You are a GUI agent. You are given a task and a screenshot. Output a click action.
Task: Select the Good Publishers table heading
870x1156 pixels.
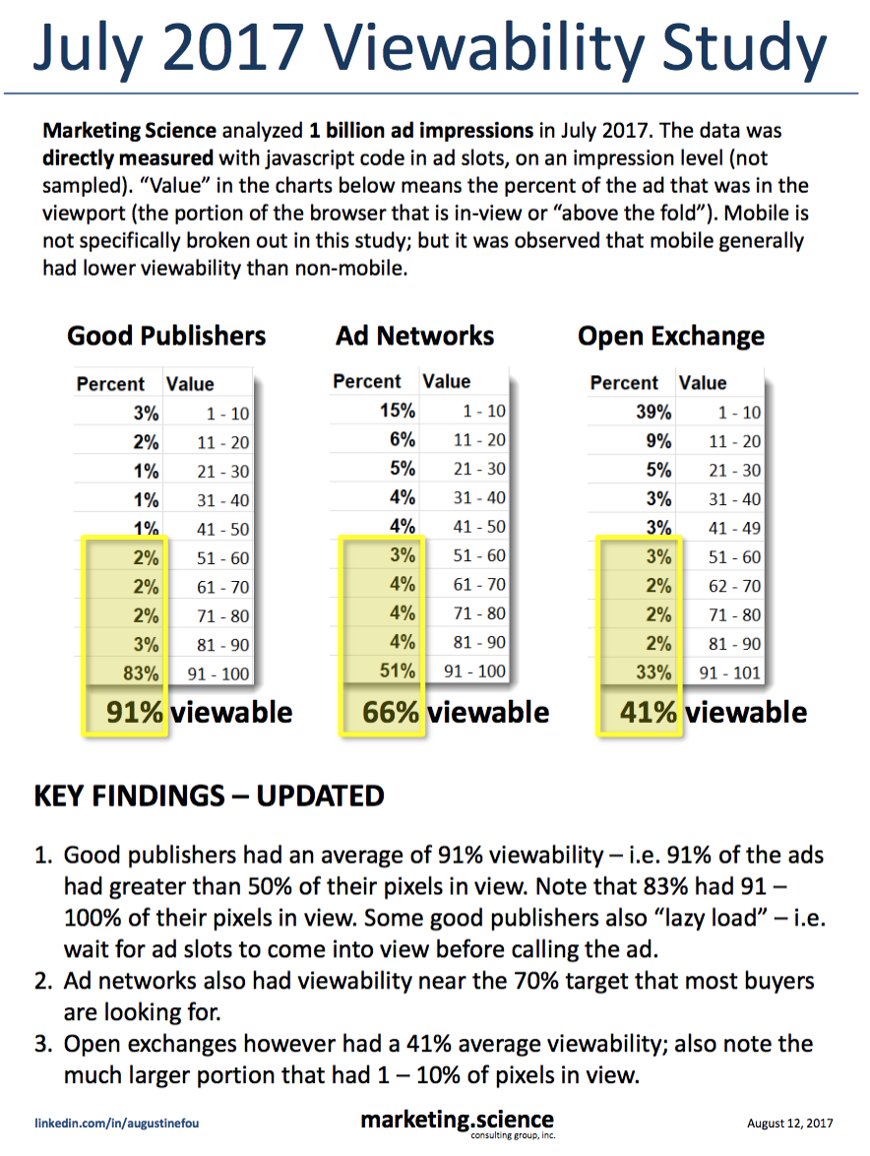coord(166,337)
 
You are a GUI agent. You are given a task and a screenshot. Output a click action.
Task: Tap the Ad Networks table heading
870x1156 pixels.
coord(414,337)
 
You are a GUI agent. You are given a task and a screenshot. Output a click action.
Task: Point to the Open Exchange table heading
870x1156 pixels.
coord(670,337)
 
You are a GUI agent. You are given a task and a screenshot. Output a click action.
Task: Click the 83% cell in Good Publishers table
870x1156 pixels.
coord(143,674)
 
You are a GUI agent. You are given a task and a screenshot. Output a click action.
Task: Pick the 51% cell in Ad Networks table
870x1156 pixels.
coord(397,672)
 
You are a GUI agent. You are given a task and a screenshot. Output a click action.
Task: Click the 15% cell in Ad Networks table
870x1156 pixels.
coord(397,410)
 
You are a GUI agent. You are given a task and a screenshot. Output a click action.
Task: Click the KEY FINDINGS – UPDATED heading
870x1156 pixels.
coord(209,796)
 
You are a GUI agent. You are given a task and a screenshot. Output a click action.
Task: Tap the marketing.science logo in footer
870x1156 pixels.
coord(457,1122)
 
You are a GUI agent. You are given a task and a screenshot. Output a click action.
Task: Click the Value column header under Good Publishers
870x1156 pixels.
coord(190,384)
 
